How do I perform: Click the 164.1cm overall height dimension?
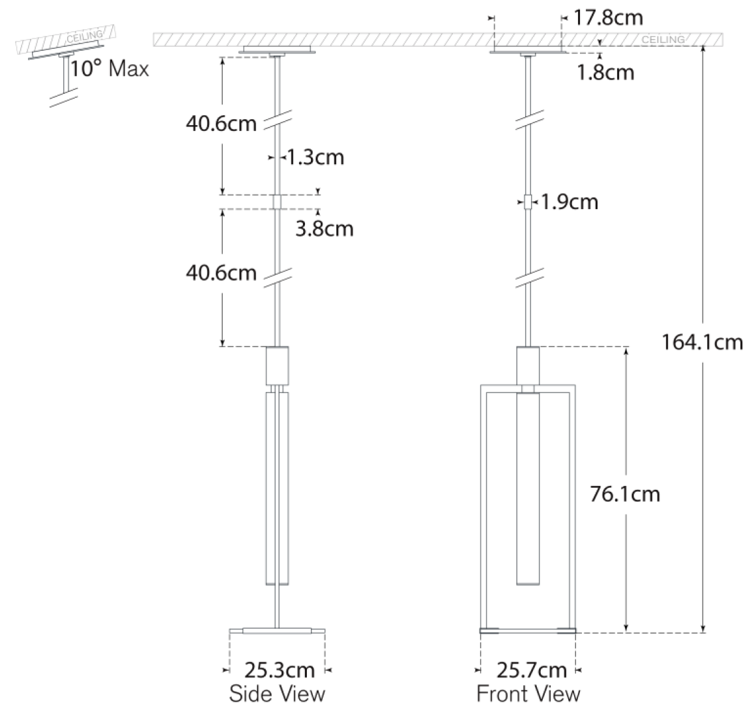pyautogui.click(x=702, y=342)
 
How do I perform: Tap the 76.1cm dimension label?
pyautogui.click(x=625, y=494)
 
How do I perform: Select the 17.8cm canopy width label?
pyautogui.click(x=608, y=18)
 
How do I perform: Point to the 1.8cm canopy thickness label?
pyautogui.click(x=605, y=72)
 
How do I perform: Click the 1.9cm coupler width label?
pyautogui.click(x=570, y=202)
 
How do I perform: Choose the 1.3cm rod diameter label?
pyautogui.click(x=315, y=157)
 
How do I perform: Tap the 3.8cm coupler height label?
pyautogui.click(x=325, y=229)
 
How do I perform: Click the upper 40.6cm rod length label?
pyautogui.click(x=221, y=124)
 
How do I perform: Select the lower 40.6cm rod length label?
pyautogui.click(x=221, y=273)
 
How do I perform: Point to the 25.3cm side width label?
pyautogui.click(x=279, y=670)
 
